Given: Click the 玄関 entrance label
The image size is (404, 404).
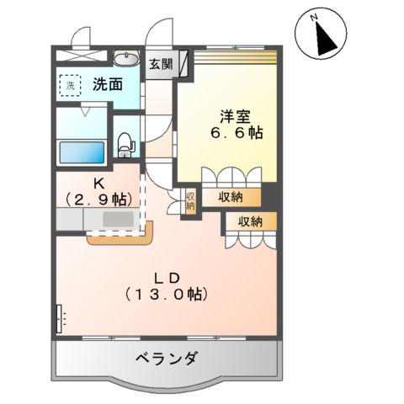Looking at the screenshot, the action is (x=161, y=64).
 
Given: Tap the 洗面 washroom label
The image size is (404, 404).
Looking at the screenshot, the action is (x=108, y=84).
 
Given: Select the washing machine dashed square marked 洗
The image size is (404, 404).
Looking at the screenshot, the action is (x=70, y=86).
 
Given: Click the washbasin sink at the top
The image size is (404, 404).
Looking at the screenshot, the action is (x=126, y=58).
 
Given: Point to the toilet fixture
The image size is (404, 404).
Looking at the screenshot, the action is (x=125, y=145).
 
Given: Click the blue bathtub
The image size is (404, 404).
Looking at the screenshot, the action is (x=82, y=152).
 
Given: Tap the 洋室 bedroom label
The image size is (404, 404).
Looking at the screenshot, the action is (x=235, y=116).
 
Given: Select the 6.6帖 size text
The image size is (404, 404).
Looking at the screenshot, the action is (x=237, y=133).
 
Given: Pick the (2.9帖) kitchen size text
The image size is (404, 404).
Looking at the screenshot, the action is (x=98, y=199).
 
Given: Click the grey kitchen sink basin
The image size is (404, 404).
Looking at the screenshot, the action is (x=118, y=219).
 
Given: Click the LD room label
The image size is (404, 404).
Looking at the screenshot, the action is (x=167, y=278).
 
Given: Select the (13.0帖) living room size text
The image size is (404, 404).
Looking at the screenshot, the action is (x=167, y=295).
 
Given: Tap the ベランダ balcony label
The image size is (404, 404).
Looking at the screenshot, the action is (x=166, y=358).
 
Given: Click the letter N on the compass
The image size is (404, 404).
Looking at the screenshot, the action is (x=314, y=18).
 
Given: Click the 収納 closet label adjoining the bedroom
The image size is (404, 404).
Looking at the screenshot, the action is (x=231, y=198).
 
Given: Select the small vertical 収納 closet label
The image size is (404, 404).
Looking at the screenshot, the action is (x=190, y=200).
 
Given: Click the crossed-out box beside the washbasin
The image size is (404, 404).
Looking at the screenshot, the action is (x=82, y=56).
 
